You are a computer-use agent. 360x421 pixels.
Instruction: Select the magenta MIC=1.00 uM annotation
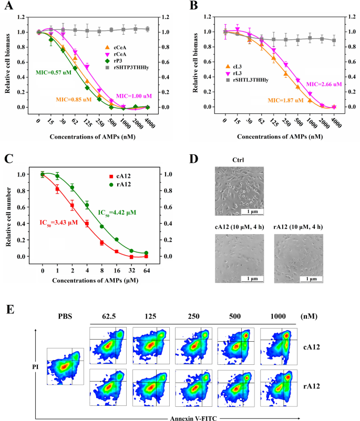(x=135, y=96)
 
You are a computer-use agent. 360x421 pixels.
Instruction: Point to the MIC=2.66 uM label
(x=324, y=84)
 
